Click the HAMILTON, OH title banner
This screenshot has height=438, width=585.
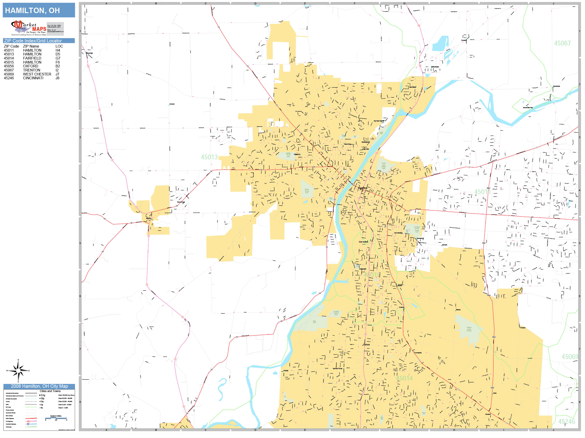pyautogui.click(x=39, y=10)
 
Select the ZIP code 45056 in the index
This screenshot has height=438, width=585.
pyautogui.click(x=9, y=66)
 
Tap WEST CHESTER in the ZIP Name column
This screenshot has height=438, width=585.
pyautogui.click(x=37, y=74)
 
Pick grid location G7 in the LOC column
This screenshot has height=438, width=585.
pyautogui.click(x=58, y=58)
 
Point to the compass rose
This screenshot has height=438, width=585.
pyautogui.click(x=18, y=371)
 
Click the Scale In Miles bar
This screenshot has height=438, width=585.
pyautogui.click(x=56, y=418)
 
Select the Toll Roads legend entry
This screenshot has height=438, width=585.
pyautogui.click(x=9, y=427)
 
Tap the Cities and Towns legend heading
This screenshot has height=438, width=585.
pyautogui.click(x=50, y=391)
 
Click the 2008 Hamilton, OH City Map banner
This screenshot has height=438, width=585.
pyautogui.click(x=39, y=386)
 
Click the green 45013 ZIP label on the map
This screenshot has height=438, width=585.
pyautogui.click(x=209, y=157)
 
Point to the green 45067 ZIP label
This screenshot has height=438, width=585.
pyautogui.click(x=562, y=43)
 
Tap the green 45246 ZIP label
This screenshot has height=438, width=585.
pyautogui.click(x=566, y=422)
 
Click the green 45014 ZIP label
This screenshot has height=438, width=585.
pyautogui.click(x=404, y=378)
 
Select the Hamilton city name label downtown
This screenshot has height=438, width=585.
pyautogui.click(x=363, y=188)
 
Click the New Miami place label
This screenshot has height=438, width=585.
pyautogui.click(x=412, y=87)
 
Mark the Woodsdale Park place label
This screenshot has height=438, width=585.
pyautogui.click(x=528, y=108)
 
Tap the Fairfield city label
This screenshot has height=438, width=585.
pyautogui.click(x=366, y=345)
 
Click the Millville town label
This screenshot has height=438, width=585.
pyautogui.click(x=148, y=218)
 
